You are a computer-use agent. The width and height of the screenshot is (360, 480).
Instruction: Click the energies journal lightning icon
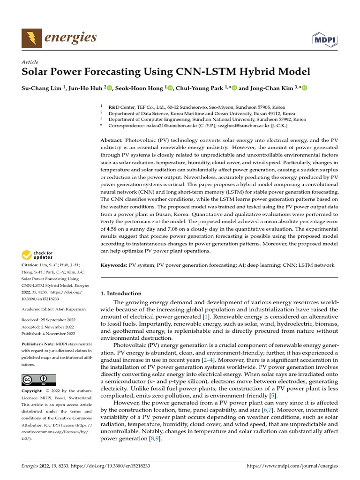pos(31,38)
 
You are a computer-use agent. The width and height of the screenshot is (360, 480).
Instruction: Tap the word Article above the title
pos(30,62)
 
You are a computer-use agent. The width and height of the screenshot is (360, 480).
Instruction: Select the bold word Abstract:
pos(112,140)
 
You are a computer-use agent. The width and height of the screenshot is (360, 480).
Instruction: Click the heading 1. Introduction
pos(121,293)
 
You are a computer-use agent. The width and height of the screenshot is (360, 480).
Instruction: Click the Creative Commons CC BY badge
pos(38,380)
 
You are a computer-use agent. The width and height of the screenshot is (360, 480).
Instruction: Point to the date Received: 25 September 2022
pos(48,320)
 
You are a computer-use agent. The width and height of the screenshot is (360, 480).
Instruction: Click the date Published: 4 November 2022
pos(48,334)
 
